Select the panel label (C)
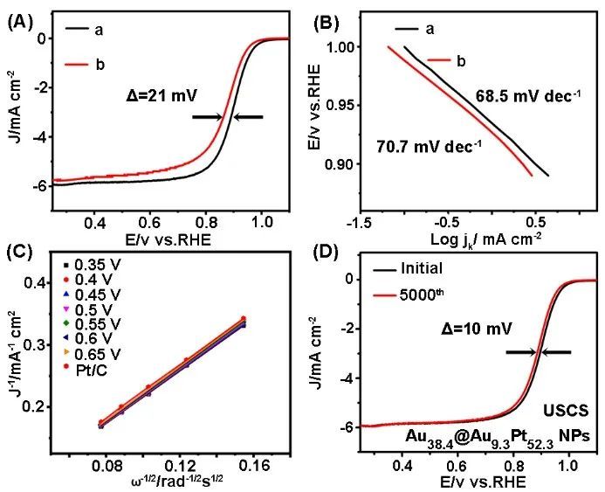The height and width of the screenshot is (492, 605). click(21, 253)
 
